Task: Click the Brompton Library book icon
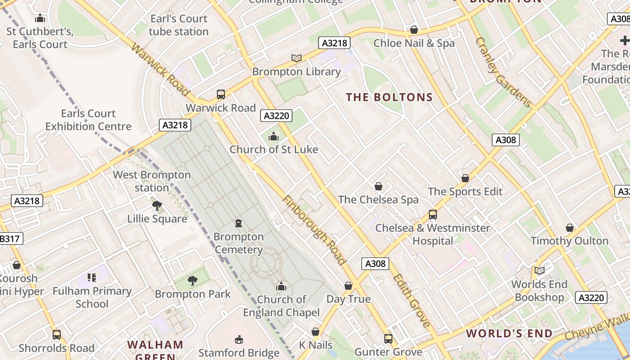coord(296,58)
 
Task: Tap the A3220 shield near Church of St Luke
coord(276,116)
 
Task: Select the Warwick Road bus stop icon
coord(221,94)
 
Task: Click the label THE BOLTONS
coord(389,97)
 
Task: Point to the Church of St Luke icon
coord(273,136)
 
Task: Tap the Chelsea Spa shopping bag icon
coord(378,186)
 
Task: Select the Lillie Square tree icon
coord(157,206)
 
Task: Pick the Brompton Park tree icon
coord(193,281)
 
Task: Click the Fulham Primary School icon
coord(92,278)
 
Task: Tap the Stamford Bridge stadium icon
coord(239,339)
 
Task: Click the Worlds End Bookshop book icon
coord(539,271)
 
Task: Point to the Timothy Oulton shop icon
coord(570,228)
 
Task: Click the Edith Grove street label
coord(411,300)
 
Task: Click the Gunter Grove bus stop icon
coord(388,338)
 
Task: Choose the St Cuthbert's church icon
coord(40,18)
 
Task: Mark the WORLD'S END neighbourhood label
coord(509,333)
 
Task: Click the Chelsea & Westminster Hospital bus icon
coord(432,215)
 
